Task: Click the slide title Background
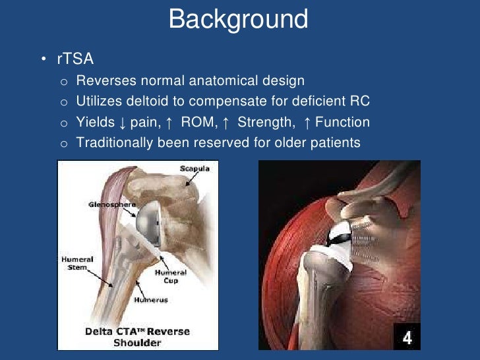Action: (x=238, y=19)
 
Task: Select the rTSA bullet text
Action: (x=75, y=60)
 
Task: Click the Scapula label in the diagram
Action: (x=195, y=169)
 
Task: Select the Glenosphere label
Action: (x=107, y=205)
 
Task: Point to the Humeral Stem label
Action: (x=78, y=264)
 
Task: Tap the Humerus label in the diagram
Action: (x=151, y=300)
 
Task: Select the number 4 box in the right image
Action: (x=406, y=338)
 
